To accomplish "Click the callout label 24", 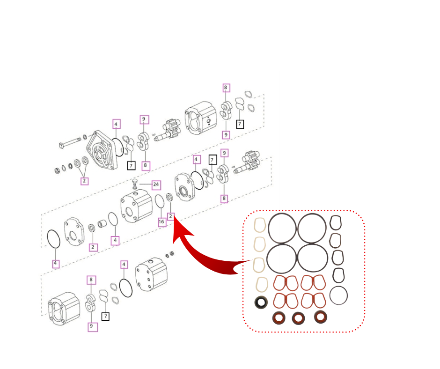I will (x=156, y=184).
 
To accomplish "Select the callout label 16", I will (x=162, y=222).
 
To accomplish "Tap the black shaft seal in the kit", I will (x=260, y=303).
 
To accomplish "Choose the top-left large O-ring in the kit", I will (x=282, y=228).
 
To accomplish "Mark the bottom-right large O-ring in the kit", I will (x=312, y=257).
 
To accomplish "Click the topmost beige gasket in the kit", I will (x=260, y=225).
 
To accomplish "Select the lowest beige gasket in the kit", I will (x=261, y=284).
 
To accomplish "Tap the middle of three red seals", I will (x=298, y=318).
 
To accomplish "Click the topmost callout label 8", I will (x=226, y=88).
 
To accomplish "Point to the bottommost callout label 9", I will (x=91, y=326).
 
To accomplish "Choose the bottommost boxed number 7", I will (x=106, y=316).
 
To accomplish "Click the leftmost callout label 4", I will (x=56, y=264).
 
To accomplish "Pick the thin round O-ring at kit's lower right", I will (x=338, y=295).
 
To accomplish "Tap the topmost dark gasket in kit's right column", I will (x=336, y=222).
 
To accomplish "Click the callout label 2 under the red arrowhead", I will (x=171, y=216).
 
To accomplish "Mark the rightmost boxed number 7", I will (x=240, y=124).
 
